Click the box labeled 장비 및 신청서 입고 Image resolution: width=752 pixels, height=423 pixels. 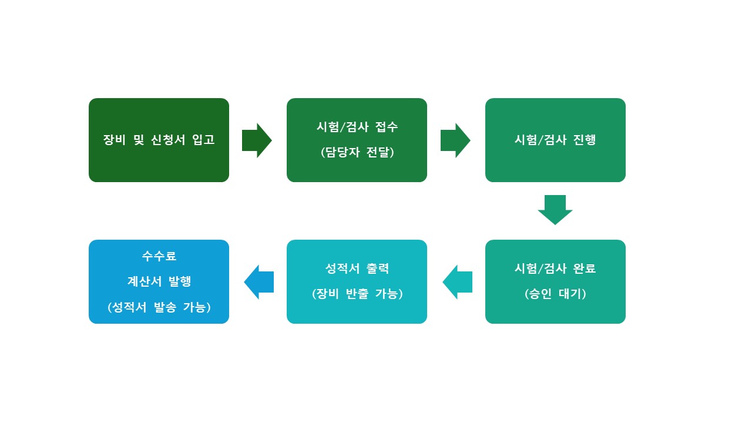(x=159, y=140)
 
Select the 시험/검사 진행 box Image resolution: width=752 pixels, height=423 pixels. (x=555, y=140)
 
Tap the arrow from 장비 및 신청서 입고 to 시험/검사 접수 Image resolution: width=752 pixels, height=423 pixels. (x=257, y=140)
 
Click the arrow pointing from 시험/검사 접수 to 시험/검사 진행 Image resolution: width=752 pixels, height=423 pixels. (x=455, y=140)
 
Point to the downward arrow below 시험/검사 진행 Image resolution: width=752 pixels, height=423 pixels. (x=555, y=210)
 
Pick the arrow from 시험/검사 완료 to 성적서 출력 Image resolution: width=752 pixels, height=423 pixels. (x=458, y=282)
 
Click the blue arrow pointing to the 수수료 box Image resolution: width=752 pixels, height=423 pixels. (x=259, y=282)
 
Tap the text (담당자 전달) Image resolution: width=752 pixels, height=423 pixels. (x=357, y=152)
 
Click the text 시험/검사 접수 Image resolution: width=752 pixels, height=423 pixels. (x=357, y=127)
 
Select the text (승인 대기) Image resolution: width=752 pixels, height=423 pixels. (x=555, y=294)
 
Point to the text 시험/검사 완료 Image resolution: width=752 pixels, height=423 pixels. (x=555, y=268)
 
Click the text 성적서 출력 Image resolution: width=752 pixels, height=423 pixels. (x=357, y=268)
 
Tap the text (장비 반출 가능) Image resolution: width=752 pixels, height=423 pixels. (x=357, y=294)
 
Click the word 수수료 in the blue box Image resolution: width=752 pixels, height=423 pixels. (x=159, y=256)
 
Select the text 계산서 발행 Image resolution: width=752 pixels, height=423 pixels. (x=159, y=281)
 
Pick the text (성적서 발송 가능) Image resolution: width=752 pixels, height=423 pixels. (x=159, y=307)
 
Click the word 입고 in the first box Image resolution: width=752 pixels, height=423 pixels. (x=203, y=140)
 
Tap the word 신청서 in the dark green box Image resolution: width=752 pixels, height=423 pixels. (x=168, y=140)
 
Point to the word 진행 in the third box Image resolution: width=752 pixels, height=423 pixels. (x=585, y=140)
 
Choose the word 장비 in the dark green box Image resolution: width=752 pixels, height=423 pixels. (x=114, y=140)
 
